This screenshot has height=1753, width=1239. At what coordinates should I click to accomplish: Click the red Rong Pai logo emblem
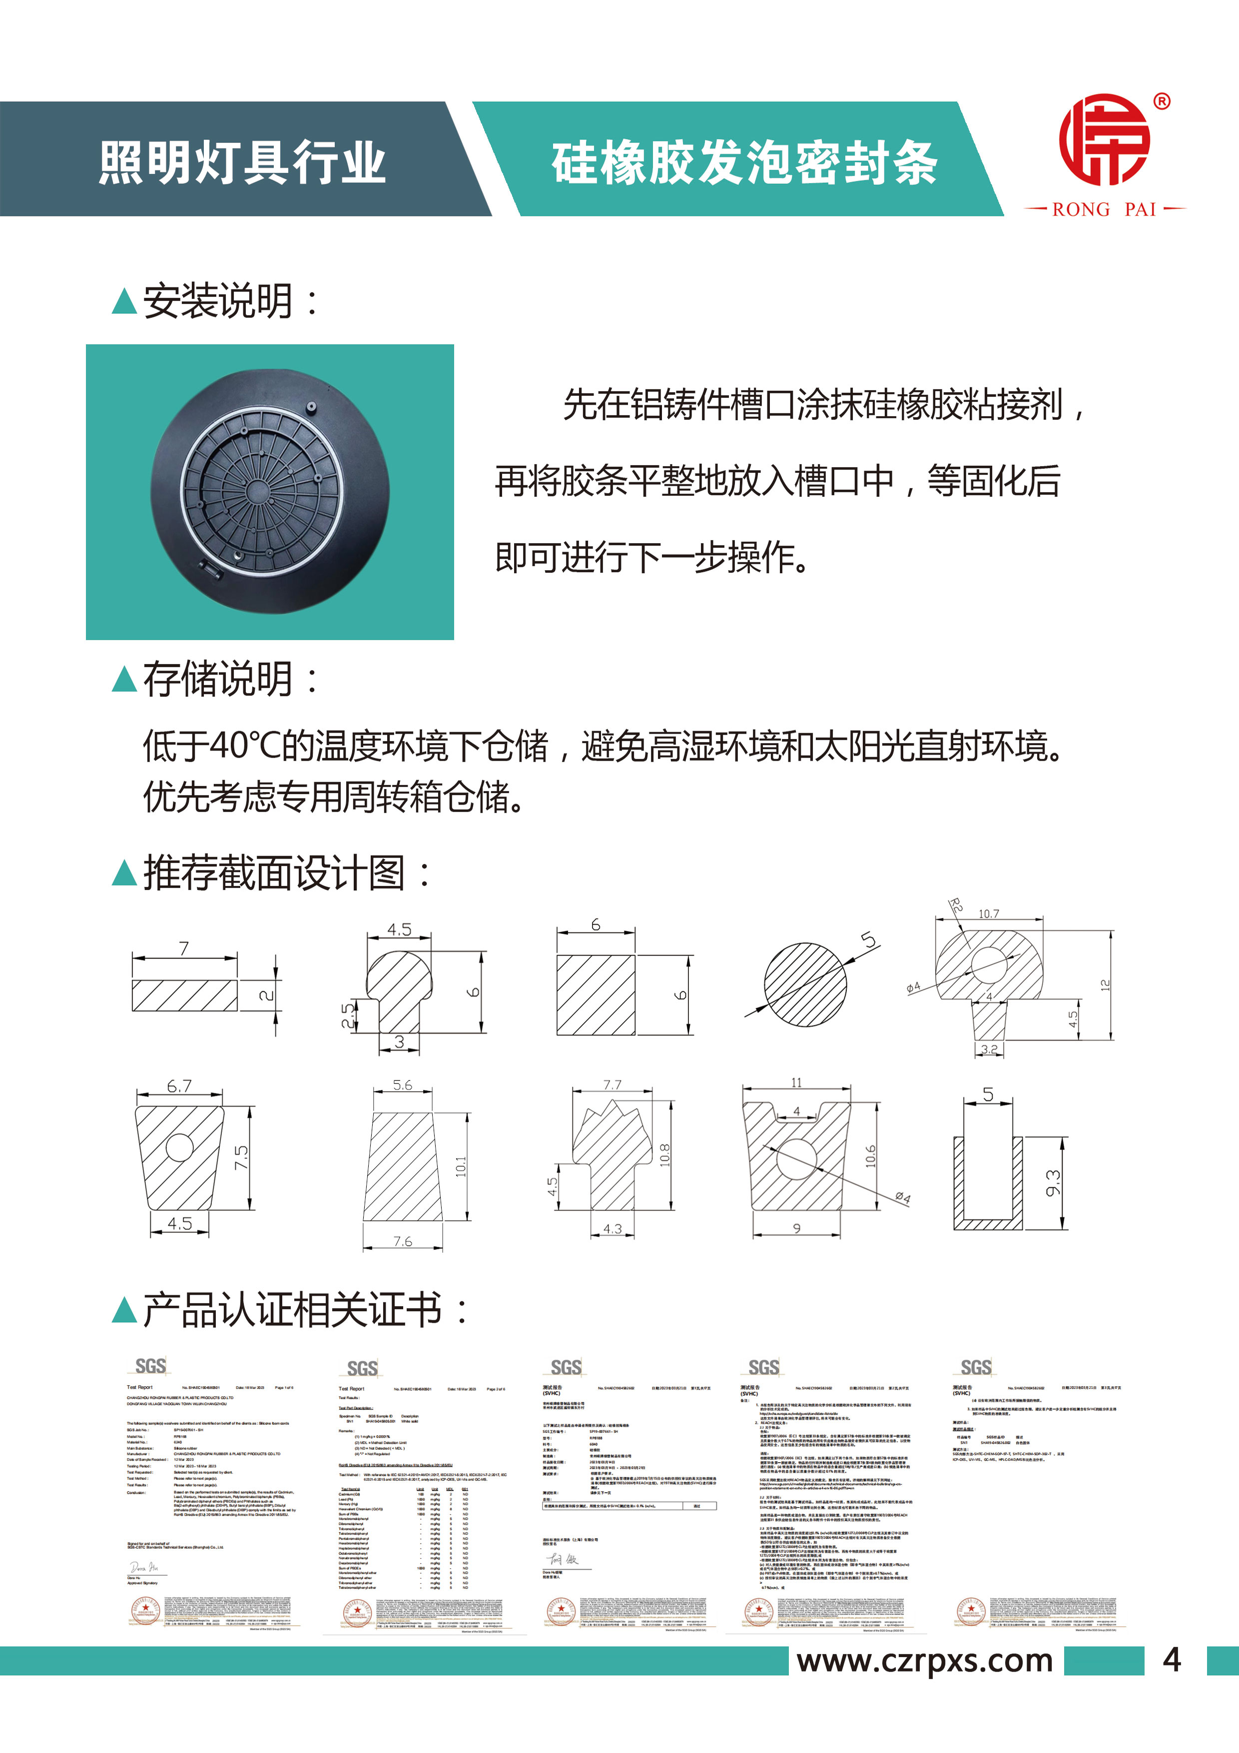pos(1104,140)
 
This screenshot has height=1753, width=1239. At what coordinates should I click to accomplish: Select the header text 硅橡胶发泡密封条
pos(744,162)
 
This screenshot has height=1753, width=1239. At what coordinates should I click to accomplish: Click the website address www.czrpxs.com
pos(924,1661)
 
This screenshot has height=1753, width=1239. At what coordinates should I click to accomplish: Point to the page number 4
pos(1172,1661)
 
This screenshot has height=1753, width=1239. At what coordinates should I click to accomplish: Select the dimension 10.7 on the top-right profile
pos(989,914)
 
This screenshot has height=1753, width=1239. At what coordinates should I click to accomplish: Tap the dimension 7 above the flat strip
pos(184,948)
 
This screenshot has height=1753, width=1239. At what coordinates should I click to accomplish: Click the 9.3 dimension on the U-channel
pos(1054,1183)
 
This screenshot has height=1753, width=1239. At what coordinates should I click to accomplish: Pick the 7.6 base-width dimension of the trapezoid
pos(402,1241)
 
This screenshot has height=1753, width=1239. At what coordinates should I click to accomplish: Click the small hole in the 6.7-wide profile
pos(179,1147)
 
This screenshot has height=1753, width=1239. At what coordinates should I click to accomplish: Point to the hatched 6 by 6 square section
pos(596,994)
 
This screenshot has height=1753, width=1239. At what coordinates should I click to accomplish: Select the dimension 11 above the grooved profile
pos(796,1083)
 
